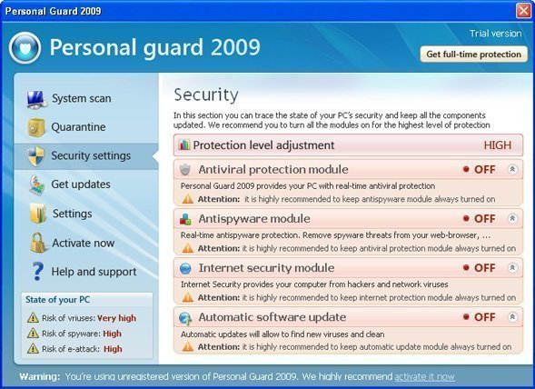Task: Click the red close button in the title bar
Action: (x=523, y=11)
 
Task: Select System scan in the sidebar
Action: (x=82, y=98)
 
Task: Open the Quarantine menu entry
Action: (x=78, y=127)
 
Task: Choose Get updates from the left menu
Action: (x=81, y=185)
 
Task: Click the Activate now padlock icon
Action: (x=37, y=243)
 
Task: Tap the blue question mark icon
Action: (x=37, y=272)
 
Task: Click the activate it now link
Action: (x=424, y=376)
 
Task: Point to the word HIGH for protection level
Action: (x=498, y=145)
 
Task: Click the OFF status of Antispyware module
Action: (x=484, y=218)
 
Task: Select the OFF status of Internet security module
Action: (x=484, y=268)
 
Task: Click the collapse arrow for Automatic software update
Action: (x=512, y=317)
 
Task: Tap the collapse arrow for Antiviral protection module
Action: (x=512, y=169)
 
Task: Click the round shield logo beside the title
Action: (x=25, y=48)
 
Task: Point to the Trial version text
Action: (x=495, y=34)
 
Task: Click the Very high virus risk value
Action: (x=116, y=318)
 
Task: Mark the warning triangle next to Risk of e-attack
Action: (x=33, y=348)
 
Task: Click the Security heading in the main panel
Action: (x=206, y=95)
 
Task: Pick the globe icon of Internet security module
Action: (x=185, y=268)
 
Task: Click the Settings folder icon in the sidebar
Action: (x=38, y=213)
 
